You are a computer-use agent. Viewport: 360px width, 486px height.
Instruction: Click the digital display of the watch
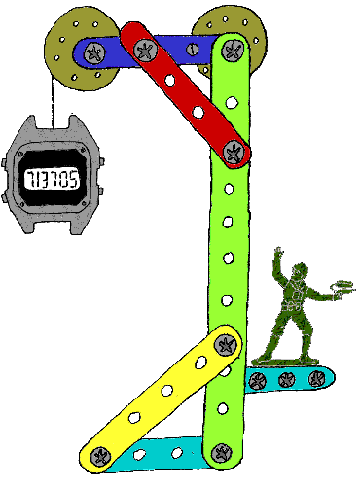54,178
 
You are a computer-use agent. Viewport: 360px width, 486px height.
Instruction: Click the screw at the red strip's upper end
144,50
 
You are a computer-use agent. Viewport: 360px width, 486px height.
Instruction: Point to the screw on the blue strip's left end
93,53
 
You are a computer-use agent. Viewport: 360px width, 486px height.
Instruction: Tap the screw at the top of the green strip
234,44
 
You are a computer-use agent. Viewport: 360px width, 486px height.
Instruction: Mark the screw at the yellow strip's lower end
98,453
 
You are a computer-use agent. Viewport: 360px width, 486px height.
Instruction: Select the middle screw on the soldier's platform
286,379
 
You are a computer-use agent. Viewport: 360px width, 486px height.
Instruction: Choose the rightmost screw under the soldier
314,379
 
